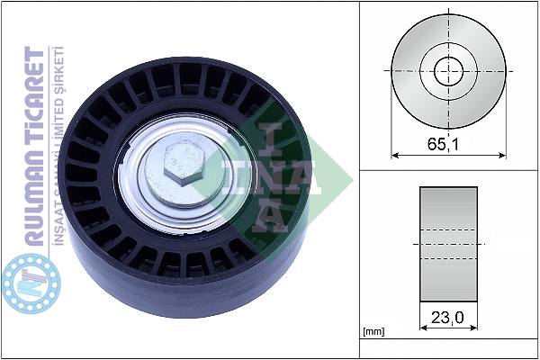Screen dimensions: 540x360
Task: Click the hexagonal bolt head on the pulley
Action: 184,165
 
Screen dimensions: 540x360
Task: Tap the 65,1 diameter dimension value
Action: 443,144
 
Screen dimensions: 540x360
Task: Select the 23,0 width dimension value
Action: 447,318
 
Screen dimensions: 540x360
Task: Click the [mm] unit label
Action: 373,332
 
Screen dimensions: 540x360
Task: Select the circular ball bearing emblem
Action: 31,283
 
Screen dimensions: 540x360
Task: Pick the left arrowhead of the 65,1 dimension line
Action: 395,156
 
